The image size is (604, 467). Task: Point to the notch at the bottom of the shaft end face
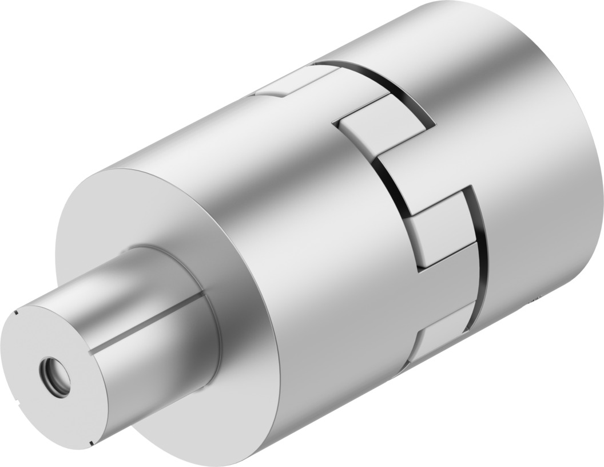coord(91,442)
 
